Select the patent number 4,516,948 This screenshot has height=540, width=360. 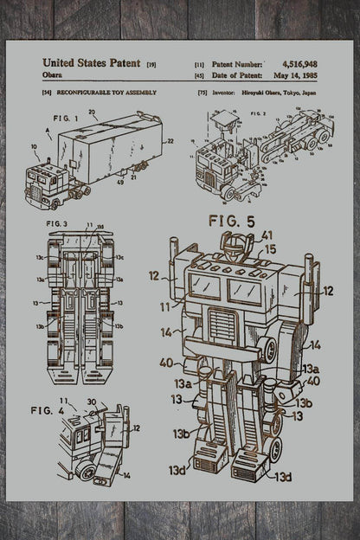(x=299, y=63)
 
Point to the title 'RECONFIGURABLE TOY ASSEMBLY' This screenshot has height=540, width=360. (x=106, y=92)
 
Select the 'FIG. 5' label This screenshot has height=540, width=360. (x=230, y=222)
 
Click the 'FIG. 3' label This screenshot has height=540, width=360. (x=56, y=224)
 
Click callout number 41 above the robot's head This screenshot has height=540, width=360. (x=267, y=235)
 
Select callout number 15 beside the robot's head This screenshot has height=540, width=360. (x=270, y=249)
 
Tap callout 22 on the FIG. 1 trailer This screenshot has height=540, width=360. (x=170, y=140)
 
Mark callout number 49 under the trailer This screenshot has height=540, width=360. (x=119, y=183)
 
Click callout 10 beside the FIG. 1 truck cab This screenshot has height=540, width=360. (x=34, y=147)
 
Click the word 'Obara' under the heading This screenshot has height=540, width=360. (x=53, y=75)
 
